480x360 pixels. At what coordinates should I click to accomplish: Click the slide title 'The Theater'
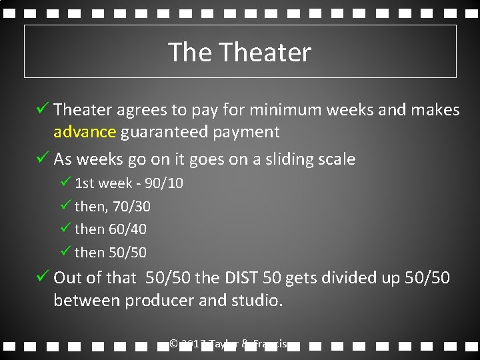tap(239, 52)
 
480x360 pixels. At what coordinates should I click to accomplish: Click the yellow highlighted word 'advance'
tap(85, 132)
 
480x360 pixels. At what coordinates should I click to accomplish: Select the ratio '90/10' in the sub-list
tap(167, 183)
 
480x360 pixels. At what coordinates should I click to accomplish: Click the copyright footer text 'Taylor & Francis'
tap(247, 344)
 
